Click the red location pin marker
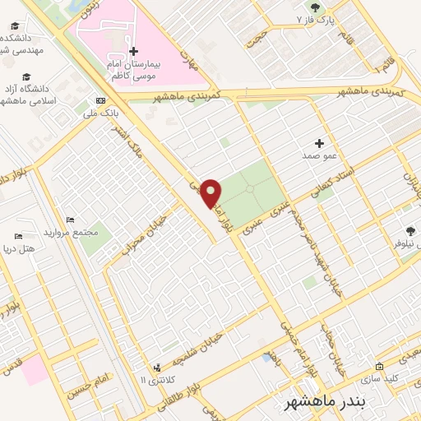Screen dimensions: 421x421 coord(211,192)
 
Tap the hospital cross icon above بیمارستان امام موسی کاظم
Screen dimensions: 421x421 coord(134,51)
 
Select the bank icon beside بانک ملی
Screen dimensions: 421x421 coord(100,100)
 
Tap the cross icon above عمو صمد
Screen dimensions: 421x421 coord(319,143)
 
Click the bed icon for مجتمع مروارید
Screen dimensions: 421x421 coord(70,220)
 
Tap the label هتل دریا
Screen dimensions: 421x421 coord(16,248)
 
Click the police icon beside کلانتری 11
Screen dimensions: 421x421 coord(156,368)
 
